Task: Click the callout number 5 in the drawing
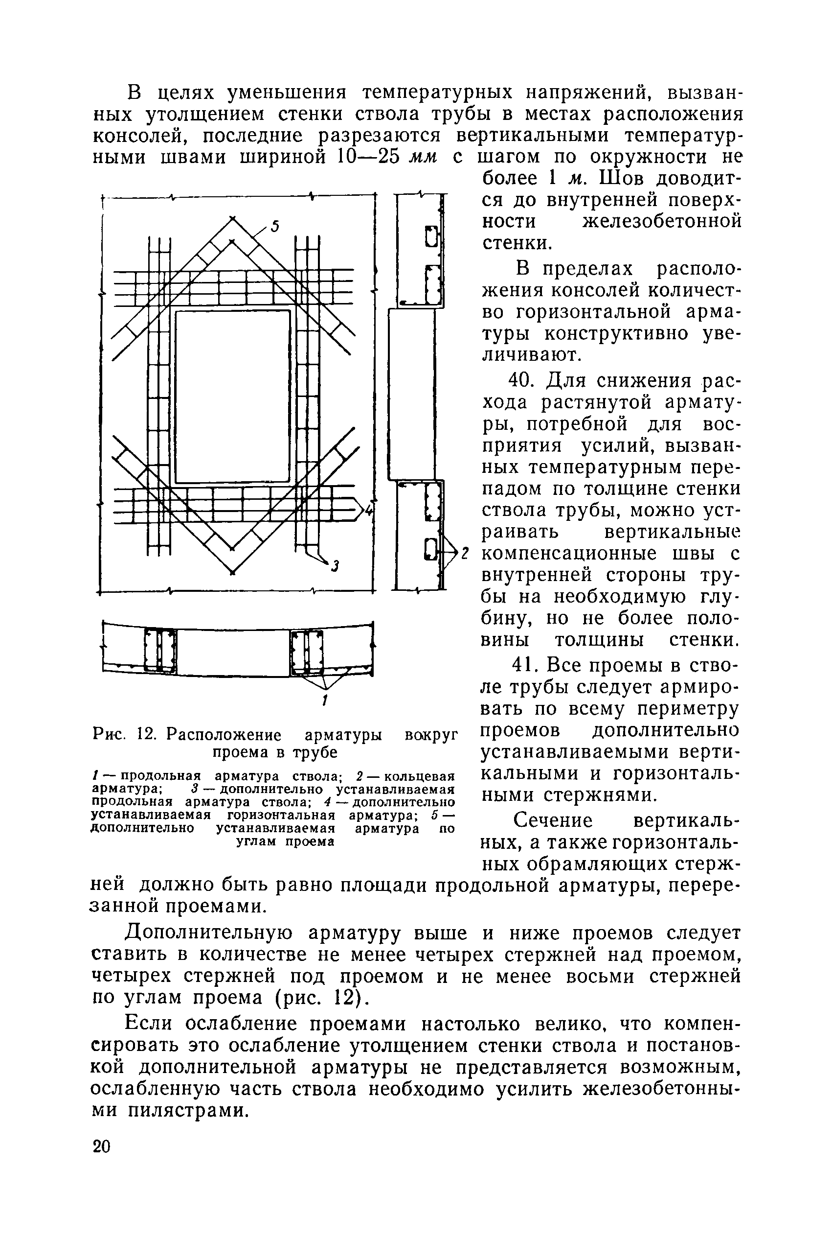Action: [x=274, y=227]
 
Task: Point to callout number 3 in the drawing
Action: [x=334, y=566]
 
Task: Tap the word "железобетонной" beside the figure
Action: [x=662, y=221]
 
